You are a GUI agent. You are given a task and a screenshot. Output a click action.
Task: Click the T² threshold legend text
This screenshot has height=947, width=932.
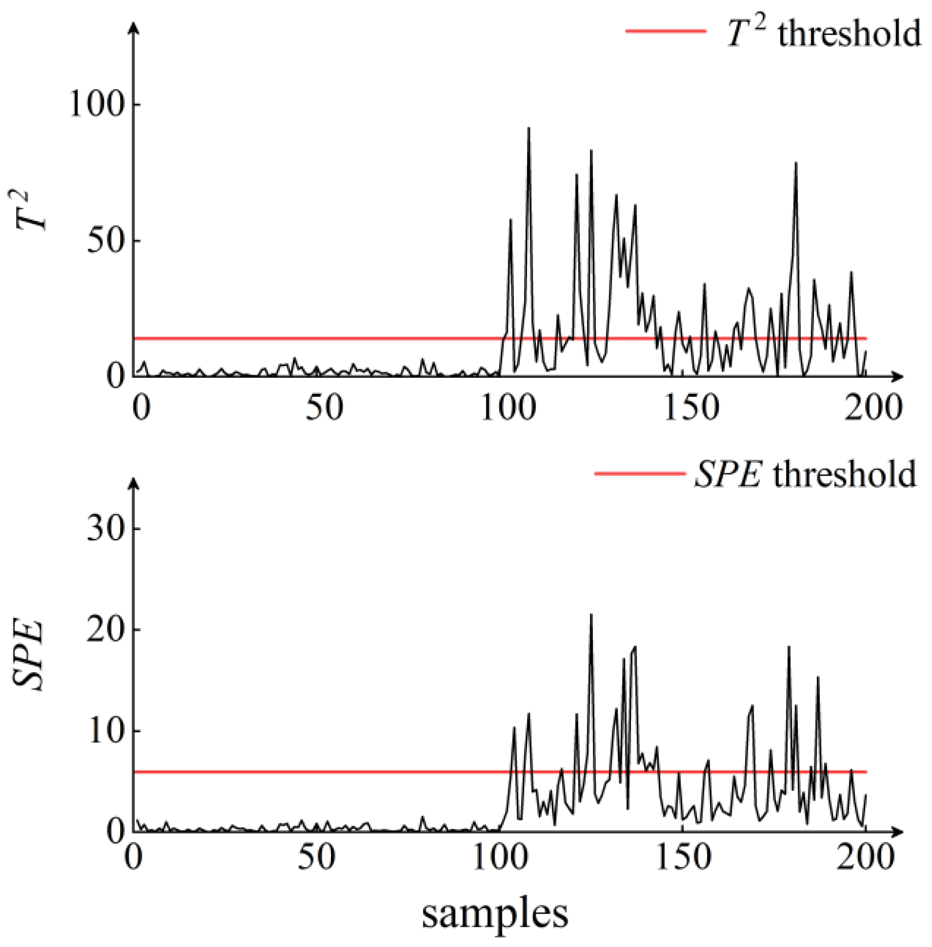824,33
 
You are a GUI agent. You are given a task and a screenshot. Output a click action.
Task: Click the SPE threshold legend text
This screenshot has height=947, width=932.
806,475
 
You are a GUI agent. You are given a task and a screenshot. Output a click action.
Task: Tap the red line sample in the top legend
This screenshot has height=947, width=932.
666,31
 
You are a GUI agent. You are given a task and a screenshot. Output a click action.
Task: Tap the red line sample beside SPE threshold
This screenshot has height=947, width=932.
640,474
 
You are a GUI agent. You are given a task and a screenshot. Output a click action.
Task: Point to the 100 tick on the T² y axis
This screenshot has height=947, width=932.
97,104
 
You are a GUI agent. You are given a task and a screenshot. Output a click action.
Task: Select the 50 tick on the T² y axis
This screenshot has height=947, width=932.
105,240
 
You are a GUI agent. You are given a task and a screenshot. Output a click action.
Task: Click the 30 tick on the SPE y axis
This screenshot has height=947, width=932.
105,529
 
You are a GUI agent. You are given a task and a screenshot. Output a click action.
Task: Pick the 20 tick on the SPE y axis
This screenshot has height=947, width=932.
105,630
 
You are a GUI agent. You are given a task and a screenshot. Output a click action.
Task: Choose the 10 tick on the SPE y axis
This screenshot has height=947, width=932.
105,731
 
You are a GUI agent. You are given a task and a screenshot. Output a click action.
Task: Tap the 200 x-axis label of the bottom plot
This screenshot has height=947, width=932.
865,857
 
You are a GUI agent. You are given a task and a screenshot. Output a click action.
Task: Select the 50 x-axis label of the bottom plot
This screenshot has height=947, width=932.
316,857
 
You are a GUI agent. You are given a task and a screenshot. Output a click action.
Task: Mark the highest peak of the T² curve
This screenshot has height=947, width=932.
529,128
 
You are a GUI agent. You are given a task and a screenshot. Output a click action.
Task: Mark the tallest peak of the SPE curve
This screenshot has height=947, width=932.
591,615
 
